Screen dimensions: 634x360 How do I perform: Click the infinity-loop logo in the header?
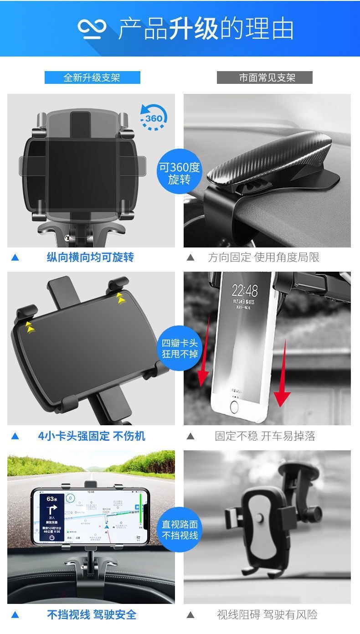pyautogui.click(x=92, y=28)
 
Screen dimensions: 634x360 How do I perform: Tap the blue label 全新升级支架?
pyautogui.click(x=92, y=77)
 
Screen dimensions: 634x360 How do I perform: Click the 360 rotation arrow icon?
pyautogui.click(x=153, y=118)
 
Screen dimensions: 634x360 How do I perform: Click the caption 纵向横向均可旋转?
pyautogui.click(x=90, y=257)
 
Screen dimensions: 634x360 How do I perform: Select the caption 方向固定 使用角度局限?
pyautogui.click(x=264, y=257)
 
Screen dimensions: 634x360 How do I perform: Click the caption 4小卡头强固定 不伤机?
pyautogui.click(x=91, y=436)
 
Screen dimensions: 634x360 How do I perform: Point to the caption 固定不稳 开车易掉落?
pyautogui.click(x=265, y=436)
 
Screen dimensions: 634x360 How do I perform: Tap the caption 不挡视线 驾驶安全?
pyautogui.click(x=92, y=614)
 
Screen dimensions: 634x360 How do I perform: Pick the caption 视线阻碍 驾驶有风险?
pyautogui.click(x=267, y=614)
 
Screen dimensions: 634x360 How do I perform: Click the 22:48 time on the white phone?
pyautogui.click(x=244, y=290)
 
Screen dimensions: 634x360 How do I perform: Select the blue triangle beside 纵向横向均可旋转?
pyautogui.click(x=15, y=258)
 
